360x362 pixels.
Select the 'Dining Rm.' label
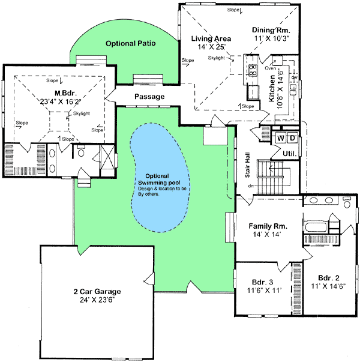[271, 29]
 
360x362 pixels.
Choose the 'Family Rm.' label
[268, 226]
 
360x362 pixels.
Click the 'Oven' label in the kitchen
[270, 68]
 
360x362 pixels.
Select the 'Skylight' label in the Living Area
[217, 58]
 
